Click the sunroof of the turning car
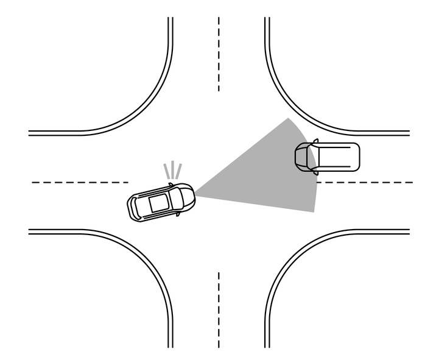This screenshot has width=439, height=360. (x=158, y=203)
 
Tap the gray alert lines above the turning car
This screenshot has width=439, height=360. (x=172, y=171)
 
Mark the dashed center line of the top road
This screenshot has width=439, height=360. (x=219, y=55)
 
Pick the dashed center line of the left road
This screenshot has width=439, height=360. (x=79, y=182)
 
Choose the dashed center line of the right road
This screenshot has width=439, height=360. (x=365, y=182)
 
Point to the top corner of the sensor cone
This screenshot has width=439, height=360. (x=288, y=119)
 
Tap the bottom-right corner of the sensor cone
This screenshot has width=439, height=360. (x=314, y=212)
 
